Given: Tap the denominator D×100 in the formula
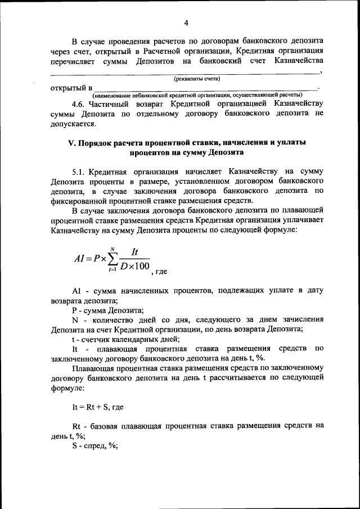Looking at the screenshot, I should [x=134, y=266].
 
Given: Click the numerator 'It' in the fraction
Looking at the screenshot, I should [x=134, y=252].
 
